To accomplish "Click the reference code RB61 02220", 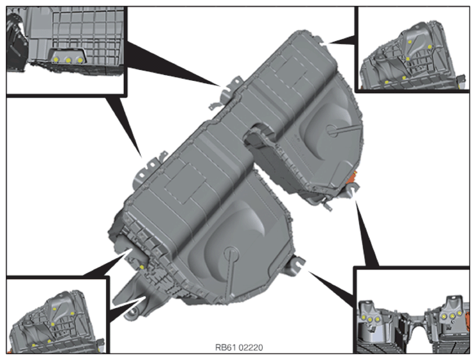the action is click(x=239, y=347).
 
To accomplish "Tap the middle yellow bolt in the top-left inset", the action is click(x=68, y=60).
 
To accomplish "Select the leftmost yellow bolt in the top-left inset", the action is click(x=56, y=60).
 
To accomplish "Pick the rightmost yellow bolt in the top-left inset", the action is click(x=80, y=60).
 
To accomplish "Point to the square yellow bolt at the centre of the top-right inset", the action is click(x=408, y=59).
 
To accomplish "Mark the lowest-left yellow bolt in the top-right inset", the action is click(x=387, y=82).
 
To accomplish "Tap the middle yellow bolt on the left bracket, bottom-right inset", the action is click(x=371, y=319).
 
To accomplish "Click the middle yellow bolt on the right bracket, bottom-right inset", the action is click(x=452, y=316).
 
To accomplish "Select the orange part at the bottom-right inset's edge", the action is click(x=466, y=318).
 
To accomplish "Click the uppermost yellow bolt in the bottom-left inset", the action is click(x=55, y=309).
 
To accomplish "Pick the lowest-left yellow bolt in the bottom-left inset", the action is click(x=33, y=345).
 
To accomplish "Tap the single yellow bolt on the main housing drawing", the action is click(x=142, y=267).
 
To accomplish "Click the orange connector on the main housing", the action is click(x=353, y=178).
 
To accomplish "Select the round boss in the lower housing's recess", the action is click(x=231, y=252).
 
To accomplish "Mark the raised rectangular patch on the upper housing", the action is click(x=289, y=71).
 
